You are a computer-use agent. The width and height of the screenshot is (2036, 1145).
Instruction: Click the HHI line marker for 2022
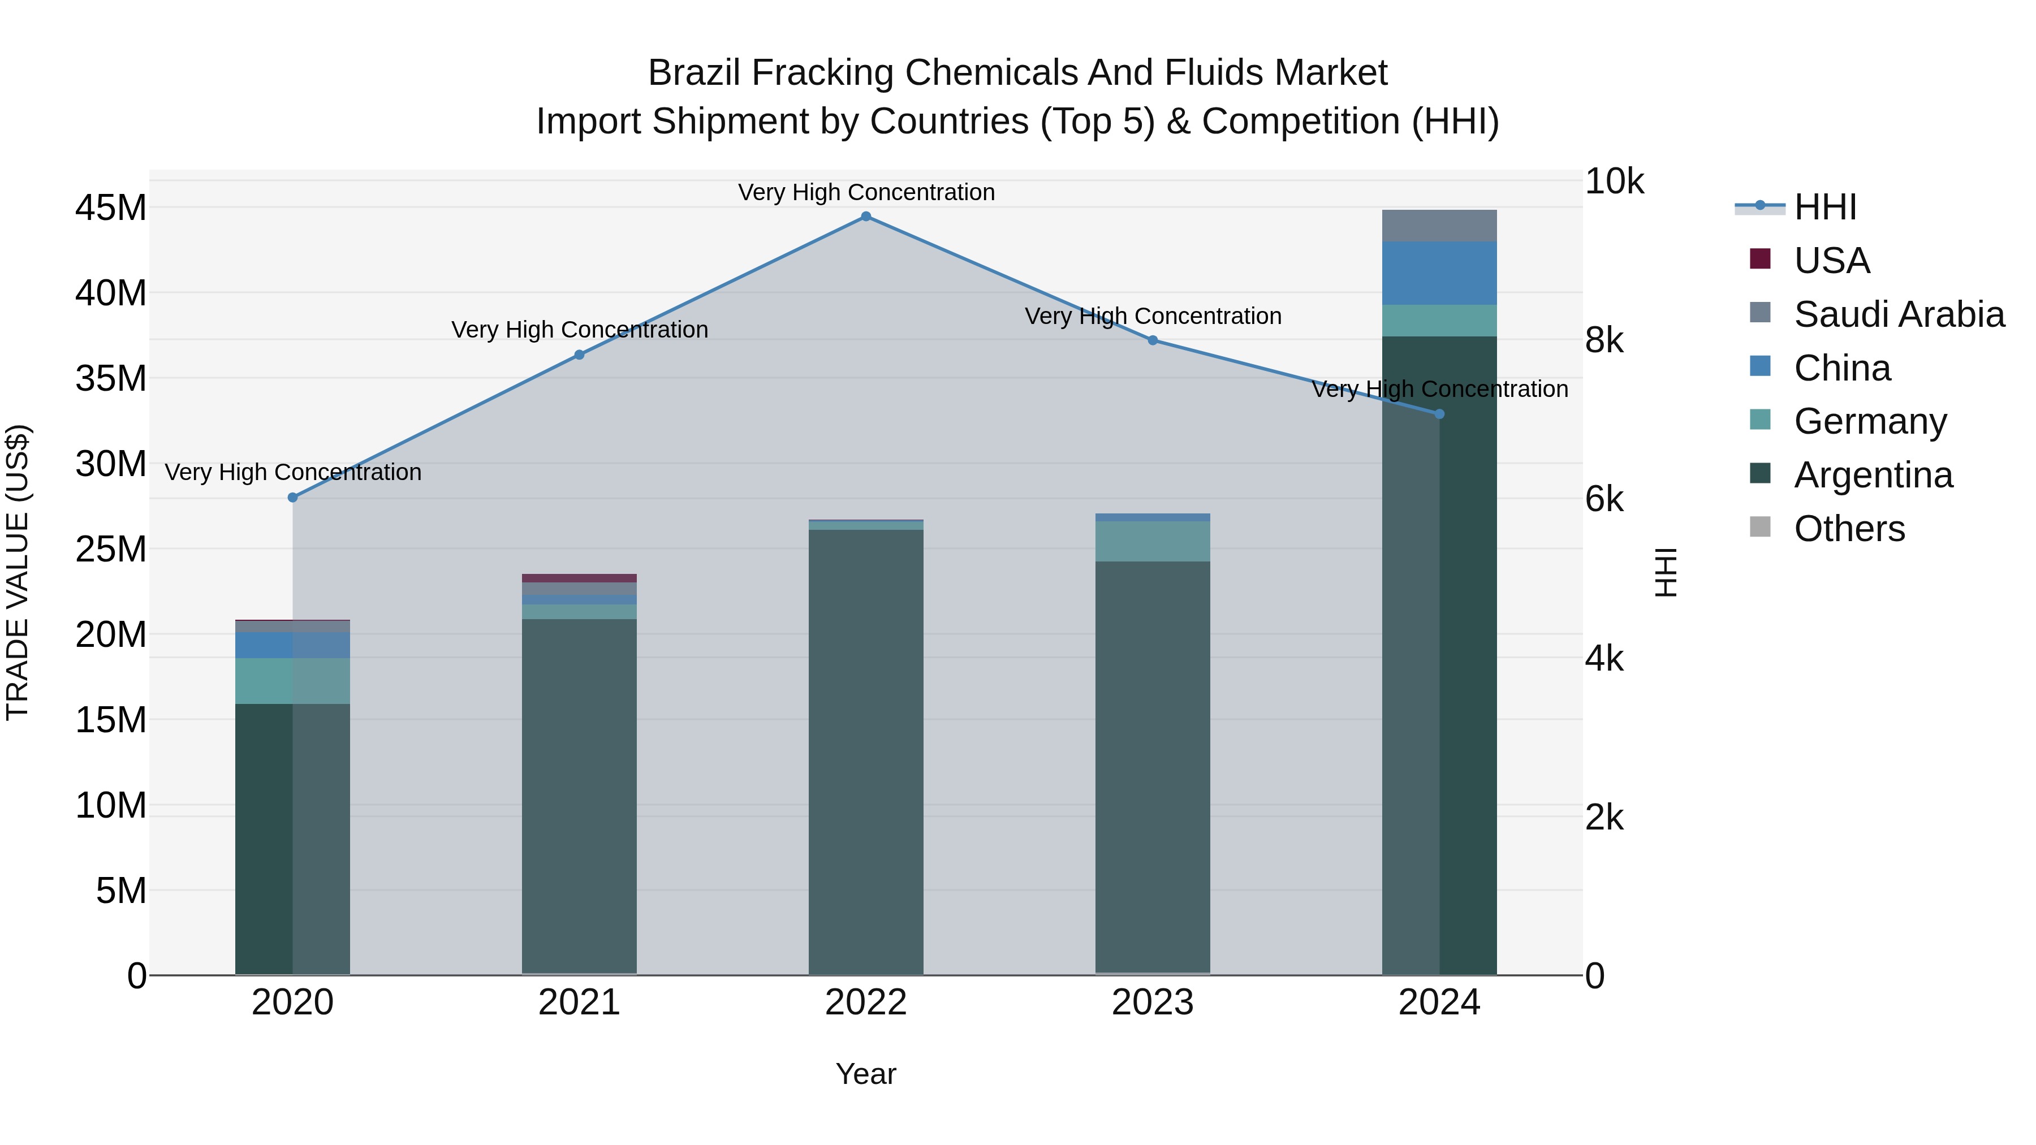pyautogui.click(x=865, y=217)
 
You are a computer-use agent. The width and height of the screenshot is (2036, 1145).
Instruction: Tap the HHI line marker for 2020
pyautogui.click(x=292, y=497)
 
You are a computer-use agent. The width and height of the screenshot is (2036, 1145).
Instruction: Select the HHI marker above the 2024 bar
pyautogui.click(x=1438, y=414)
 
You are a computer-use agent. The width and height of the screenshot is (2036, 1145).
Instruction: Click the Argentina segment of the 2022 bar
pyautogui.click(x=865, y=751)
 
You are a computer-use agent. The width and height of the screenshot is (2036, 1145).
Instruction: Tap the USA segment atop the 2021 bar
pyautogui.click(x=579, y=578)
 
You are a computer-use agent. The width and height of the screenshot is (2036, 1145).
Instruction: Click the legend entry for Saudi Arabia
pyautogui.click(x=1899, y=314)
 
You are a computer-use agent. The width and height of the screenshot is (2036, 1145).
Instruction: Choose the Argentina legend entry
pyautogui.click(x=1873, y=475)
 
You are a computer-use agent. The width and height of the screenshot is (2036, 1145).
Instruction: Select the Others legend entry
pyautogui.click(x=1849, y=529)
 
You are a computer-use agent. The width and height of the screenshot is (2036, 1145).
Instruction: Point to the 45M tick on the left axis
pyautogui.click(x=111, y=208)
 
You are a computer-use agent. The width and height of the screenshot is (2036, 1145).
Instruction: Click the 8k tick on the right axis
pyautogui.click(x=1604, y=340)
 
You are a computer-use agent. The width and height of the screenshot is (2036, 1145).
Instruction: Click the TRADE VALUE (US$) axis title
pyautogui.click(x=18, y=572)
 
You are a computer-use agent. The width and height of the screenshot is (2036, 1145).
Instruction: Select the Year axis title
pyautogui.click(x=865, y=1074)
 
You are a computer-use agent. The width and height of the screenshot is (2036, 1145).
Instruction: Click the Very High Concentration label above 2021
pyautogui.click(x=579, y=330)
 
